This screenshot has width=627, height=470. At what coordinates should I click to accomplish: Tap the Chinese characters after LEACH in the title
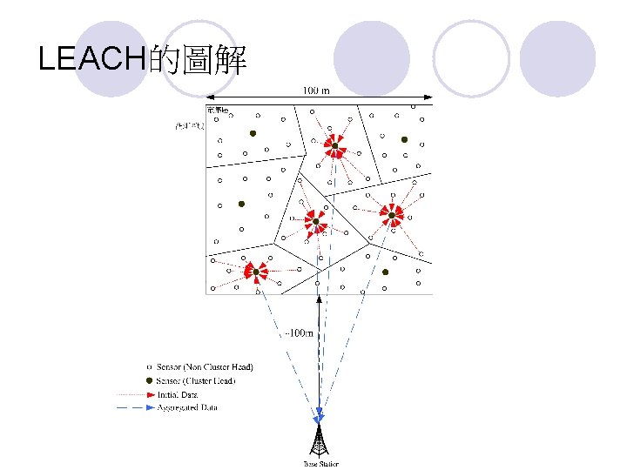[x=198, y=59]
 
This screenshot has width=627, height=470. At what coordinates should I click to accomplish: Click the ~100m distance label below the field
[x=300, y=332]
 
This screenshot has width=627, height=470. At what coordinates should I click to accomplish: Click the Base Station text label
[x=320, y=464]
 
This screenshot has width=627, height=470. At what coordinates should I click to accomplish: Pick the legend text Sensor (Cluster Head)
[x=195, y=380]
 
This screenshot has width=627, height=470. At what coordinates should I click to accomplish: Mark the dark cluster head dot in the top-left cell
[x=253, y=134]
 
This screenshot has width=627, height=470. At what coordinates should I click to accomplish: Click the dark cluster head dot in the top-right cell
[x=404, y=139]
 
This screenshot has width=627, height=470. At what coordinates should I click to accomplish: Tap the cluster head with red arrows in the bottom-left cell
[x=256, y=272]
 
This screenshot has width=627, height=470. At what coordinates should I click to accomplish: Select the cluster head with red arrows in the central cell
[x=316, y=222]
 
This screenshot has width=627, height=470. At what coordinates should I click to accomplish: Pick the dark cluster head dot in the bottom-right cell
[x=385, y=272]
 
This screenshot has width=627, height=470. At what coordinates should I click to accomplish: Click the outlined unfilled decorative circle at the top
[x=471, y=58]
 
